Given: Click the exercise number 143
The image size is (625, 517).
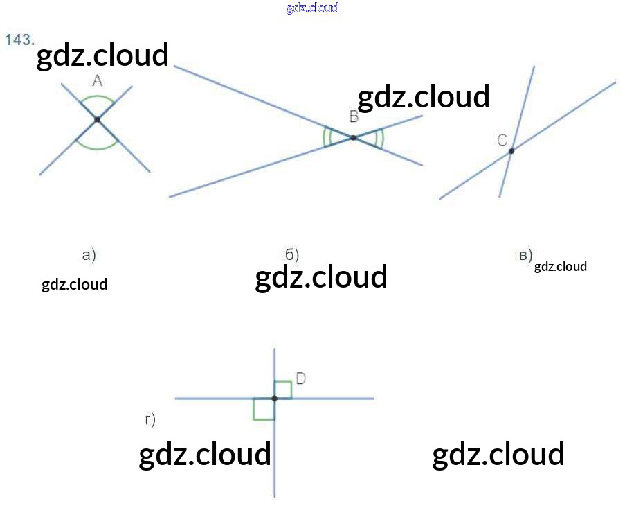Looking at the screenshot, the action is click(19, 40).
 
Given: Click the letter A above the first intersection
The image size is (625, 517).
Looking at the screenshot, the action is click(98, 81).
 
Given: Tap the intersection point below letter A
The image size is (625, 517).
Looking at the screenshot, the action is click(98, 119).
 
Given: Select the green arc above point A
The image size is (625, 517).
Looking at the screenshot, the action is click(98, 96).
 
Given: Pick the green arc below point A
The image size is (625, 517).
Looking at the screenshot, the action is click(98, 148).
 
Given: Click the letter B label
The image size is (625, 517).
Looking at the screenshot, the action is click(354, 116).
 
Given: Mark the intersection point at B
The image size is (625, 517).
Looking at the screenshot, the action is click(353, 138).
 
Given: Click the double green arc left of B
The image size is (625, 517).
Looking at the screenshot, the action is click(326, 137).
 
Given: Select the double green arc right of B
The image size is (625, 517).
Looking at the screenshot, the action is click(380, 138).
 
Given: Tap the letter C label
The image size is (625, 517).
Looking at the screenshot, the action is click(502, 140).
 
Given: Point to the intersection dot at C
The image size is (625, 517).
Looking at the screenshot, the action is click(511, 151).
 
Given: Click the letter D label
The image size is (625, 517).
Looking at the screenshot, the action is click(301, 378).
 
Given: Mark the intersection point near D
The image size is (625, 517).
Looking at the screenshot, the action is click(274, 398).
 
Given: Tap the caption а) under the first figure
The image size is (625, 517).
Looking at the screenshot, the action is click(89, 255).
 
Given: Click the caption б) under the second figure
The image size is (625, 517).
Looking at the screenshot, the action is click(292, 255).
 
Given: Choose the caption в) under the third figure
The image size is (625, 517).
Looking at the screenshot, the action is click(526, 255).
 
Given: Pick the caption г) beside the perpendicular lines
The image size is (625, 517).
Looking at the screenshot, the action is click(150, 419).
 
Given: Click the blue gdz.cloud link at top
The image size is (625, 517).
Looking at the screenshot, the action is click(313, 8).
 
